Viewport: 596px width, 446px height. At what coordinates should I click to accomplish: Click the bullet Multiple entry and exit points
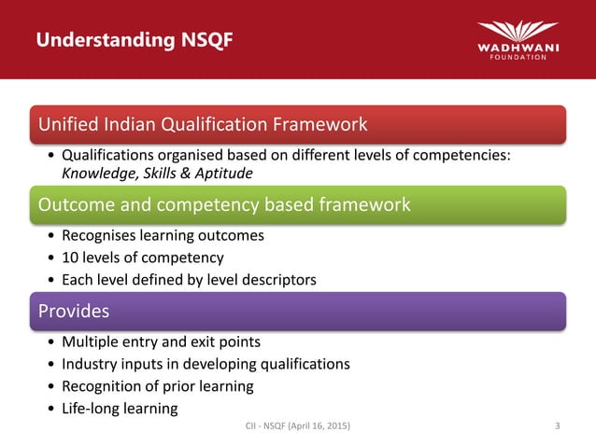click(161, 341)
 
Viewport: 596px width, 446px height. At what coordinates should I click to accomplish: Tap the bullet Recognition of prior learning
click(157, 386)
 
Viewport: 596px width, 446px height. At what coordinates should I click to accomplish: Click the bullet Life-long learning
click(120, 409)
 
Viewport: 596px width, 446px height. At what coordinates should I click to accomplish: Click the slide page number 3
click(557, 427)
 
